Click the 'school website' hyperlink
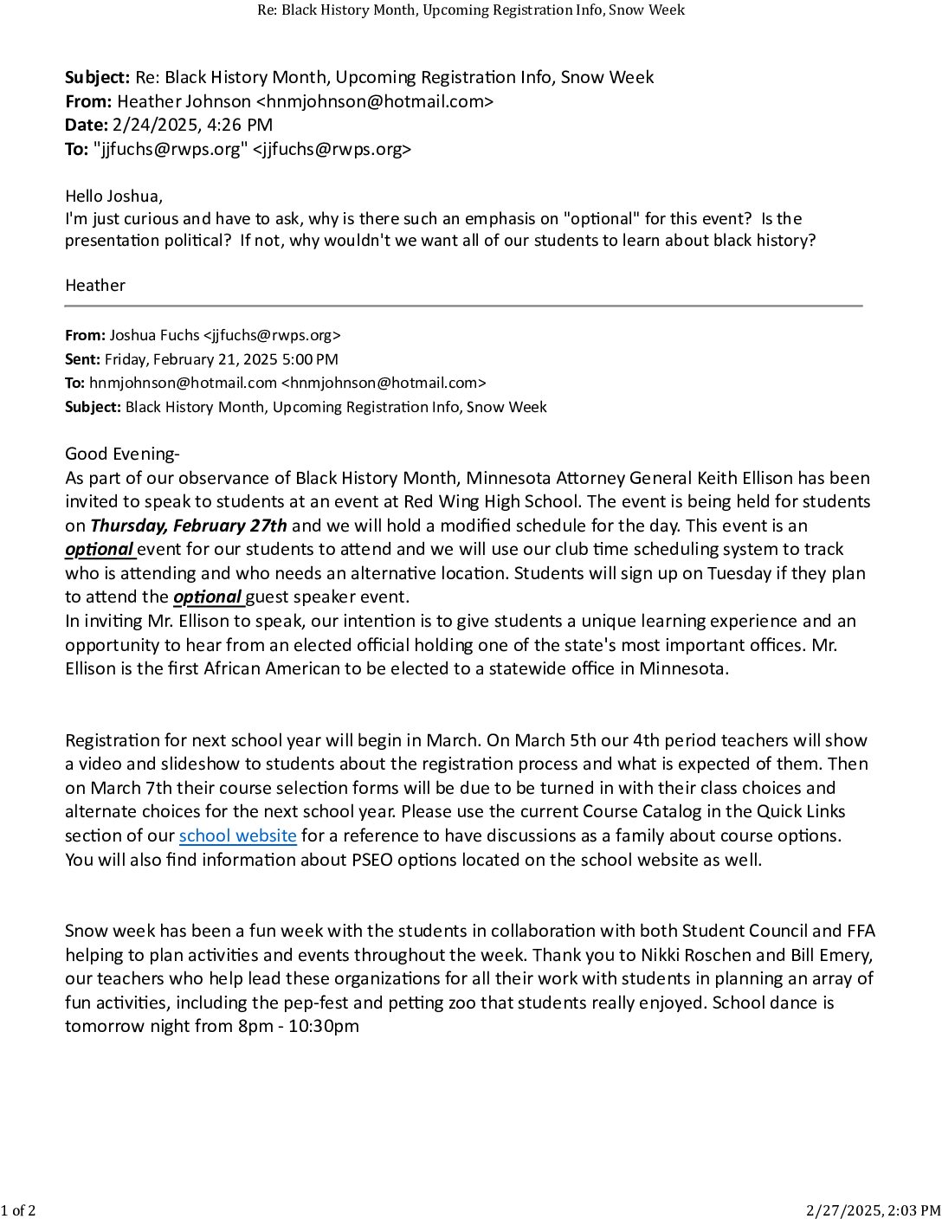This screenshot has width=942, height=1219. coord(237,836)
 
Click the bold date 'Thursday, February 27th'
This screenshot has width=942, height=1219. coord(188,526)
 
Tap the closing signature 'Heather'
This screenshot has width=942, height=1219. coord(95,286)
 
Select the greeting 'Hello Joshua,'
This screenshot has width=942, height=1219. coord(113,197)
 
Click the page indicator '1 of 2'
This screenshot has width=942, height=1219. coord(18,1210)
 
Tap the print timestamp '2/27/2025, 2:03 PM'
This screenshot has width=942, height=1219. coord(873,1210)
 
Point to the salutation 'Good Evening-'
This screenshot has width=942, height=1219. coord(122,454)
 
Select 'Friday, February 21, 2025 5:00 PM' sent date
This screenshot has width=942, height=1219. coord(222,359)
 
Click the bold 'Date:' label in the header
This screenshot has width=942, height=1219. coord(86,126)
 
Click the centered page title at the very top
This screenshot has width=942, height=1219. coord(471,10)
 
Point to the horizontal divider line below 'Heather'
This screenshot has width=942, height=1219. coord(463,306)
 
